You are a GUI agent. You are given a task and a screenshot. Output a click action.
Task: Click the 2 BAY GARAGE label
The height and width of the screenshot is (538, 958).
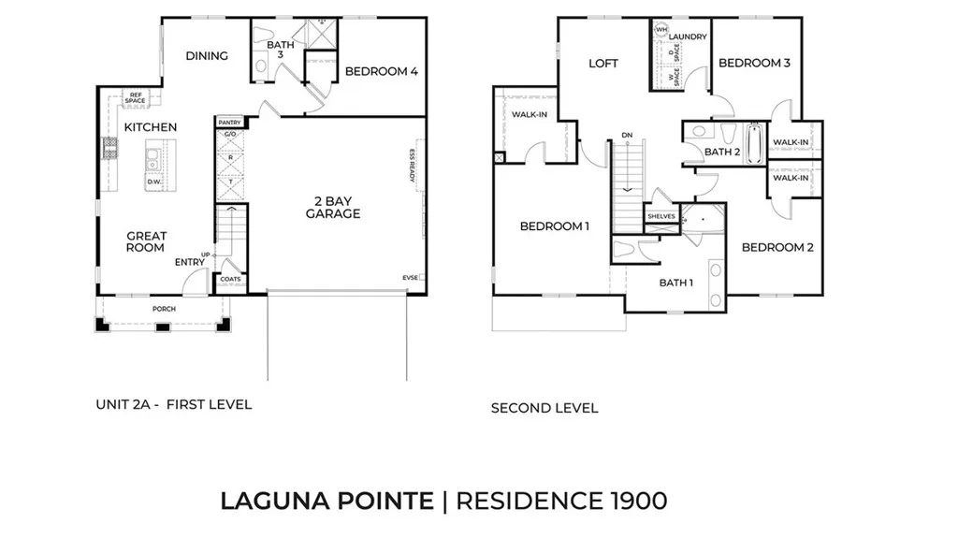(332, 207)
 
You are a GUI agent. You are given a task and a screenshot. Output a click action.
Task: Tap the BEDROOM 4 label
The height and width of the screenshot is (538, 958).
(381, 71)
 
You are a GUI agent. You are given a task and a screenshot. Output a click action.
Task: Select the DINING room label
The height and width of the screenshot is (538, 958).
(207, 56)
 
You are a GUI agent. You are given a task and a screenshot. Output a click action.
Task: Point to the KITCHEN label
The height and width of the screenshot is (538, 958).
(151, 127)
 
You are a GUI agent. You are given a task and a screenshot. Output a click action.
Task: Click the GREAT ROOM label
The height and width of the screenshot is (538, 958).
(146, 241)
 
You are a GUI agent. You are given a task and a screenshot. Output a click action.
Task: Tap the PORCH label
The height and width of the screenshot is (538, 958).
(164, 309)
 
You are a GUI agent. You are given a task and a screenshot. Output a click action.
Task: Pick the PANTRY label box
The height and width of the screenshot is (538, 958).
(229, 123)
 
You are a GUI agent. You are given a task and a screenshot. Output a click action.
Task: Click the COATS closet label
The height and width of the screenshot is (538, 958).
(229, 279)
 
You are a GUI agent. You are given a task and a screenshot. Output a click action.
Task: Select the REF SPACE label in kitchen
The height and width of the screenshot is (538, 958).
(137, 97)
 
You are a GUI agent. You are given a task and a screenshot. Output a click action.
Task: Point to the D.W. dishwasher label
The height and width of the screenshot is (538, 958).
(154, 182)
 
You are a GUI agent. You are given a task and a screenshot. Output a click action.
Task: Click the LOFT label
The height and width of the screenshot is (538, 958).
(603, 64)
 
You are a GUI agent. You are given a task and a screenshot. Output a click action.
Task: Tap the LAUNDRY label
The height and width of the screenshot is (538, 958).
(688, 36)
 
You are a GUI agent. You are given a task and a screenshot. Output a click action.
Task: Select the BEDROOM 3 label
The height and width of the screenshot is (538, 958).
(754, 63)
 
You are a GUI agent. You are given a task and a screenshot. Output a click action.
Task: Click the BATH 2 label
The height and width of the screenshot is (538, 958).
(722, 152)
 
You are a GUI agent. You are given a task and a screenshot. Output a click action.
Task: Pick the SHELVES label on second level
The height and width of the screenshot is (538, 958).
(660, 216)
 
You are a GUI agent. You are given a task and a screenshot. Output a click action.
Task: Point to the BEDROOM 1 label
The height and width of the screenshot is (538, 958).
(555, 226)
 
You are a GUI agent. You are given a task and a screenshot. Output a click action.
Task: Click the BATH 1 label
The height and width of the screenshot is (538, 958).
(675, 282)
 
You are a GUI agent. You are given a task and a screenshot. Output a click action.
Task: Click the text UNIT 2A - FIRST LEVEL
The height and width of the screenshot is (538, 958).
(174, 405)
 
